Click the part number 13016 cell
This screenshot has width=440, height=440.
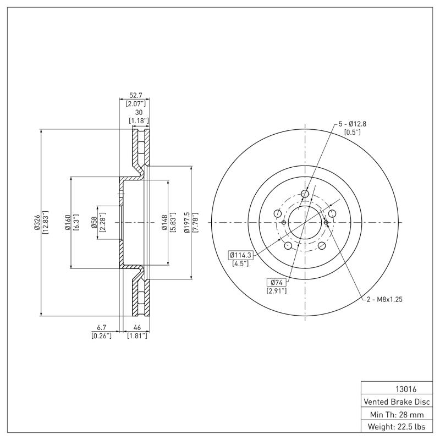398,388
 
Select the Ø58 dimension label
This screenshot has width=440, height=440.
94,223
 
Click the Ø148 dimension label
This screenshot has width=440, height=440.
165,223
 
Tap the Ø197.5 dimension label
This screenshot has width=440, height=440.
188,223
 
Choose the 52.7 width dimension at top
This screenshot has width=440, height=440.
135,95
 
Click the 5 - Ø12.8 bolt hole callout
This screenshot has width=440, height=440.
352,124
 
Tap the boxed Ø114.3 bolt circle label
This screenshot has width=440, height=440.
239,255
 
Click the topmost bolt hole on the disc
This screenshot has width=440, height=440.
305,194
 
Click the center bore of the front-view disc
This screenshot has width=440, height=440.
305,223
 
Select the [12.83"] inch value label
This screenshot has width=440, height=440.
46,223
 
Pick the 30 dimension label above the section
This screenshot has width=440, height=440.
138,112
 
